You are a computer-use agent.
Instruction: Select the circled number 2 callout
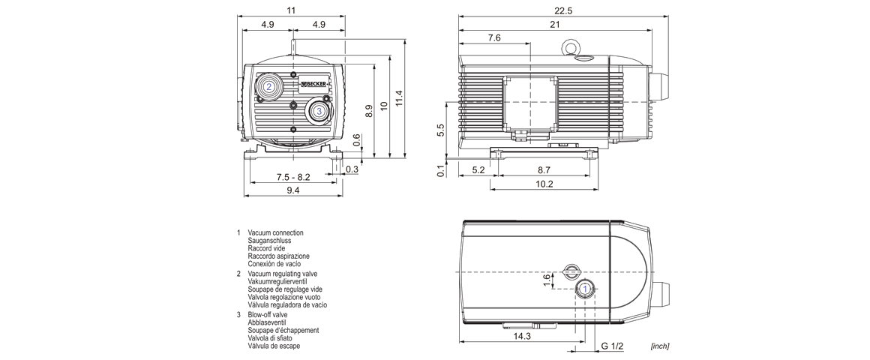(x=268, y=86)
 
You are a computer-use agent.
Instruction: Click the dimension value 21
(x=555, y=25)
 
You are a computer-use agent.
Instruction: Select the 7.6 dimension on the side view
(x=494, y=38)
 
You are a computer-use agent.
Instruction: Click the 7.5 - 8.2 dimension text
(x=292, y=177)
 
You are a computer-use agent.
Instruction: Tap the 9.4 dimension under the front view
(x=292, y=190)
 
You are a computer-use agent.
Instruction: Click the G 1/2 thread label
(x=613, y=346)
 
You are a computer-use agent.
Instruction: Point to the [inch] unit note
(x=659, y=346)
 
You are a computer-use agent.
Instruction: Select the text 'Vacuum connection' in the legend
(x=275, y=233)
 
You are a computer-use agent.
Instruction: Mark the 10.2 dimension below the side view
(x=544, y=184)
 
